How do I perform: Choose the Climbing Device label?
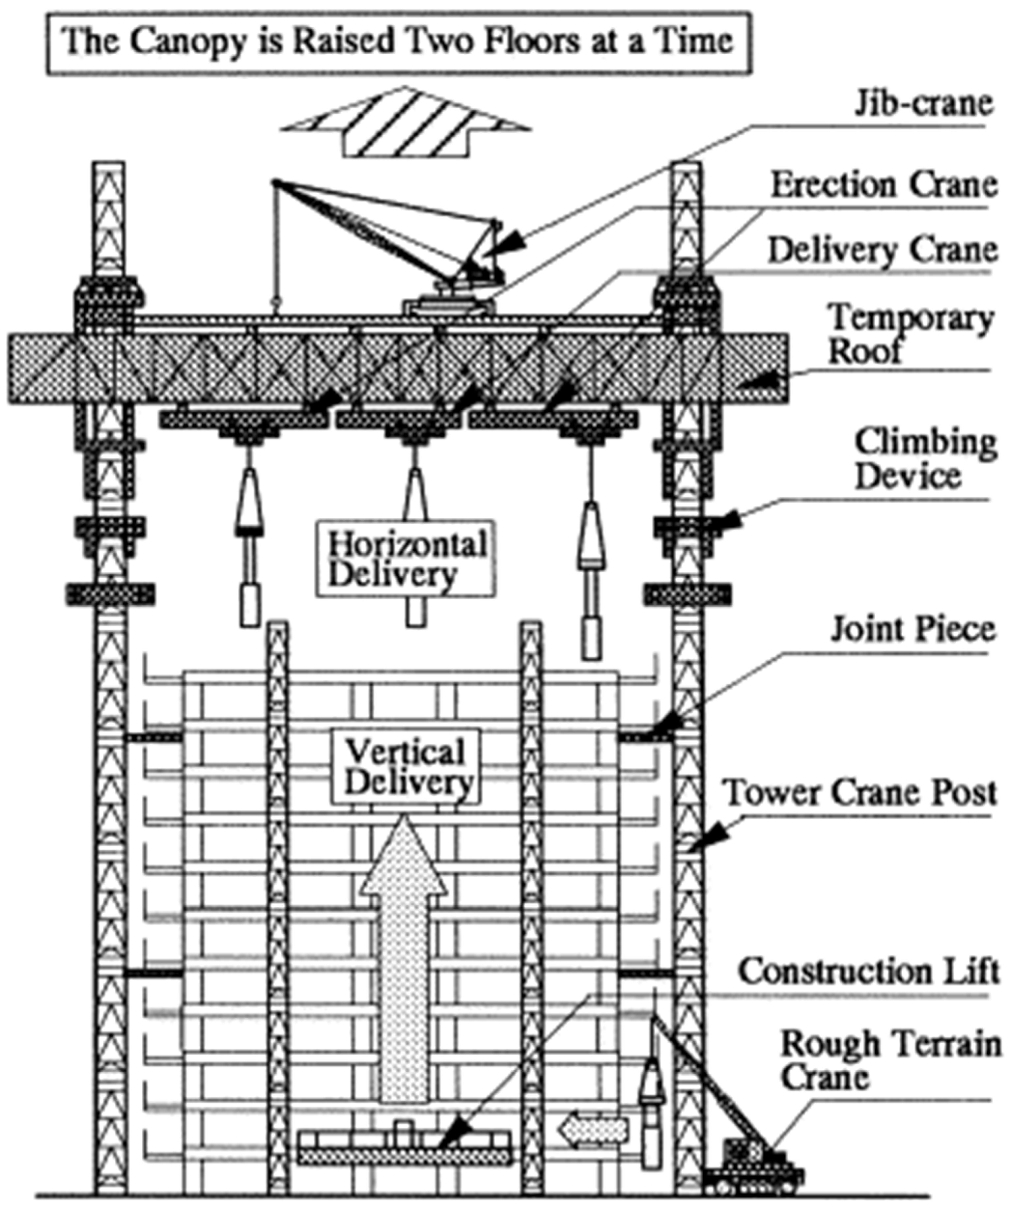point(925,459)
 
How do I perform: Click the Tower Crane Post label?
point(860,793)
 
